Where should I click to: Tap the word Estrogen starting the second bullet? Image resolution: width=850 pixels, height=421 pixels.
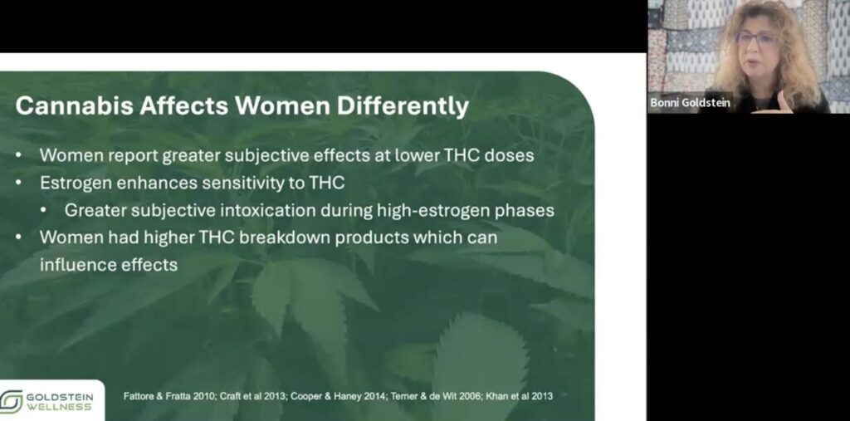pos(76,183)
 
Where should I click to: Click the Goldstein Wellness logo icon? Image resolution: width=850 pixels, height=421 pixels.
pos(12,402)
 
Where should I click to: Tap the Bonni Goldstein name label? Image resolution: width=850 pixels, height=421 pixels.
pos(691,103)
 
